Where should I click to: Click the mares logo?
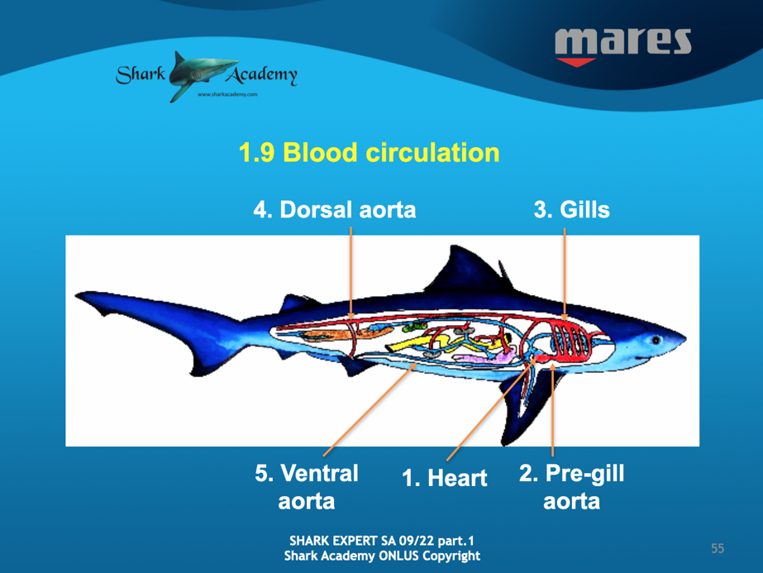click(x=622, y=47)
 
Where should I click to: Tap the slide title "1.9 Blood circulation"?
click(x=370, y=152)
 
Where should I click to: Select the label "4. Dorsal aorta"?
click(x=335, y=210)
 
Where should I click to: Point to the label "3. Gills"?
click(x=572, y=210)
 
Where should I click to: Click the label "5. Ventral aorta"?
click(x=307, y=487)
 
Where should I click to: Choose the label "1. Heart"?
click(x=444, y=478)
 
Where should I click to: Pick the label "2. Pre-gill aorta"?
click(x=572, y=487)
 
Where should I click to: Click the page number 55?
click(x=718, y=549)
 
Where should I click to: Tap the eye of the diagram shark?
click(x=656, y=340)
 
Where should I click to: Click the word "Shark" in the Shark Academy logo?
click(x=141, y=74)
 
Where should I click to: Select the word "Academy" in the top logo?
click(x=262, y=74)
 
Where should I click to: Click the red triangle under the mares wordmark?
click(x=576, y=62)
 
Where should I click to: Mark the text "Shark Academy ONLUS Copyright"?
click(x=382, y=556)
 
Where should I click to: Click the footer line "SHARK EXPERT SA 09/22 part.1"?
click(x=382, y=541)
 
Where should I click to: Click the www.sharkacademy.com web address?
click(x=227, y=94)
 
